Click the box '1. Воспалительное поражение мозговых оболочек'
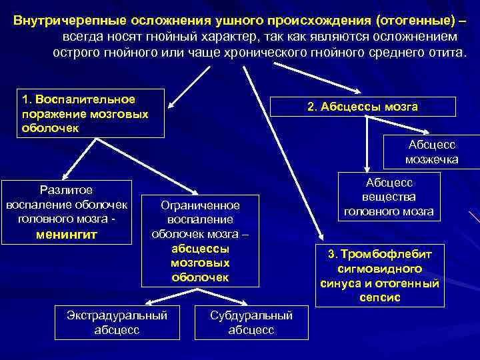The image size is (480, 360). point(89,113)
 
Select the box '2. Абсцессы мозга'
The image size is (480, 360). point(362,107)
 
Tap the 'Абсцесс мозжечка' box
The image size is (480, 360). point(431,152)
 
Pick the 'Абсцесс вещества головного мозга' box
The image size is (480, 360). point(389,197)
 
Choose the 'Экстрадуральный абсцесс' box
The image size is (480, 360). point(117,322)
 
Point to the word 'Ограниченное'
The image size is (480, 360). point(201,205)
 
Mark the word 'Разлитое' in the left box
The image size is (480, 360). point(66,189)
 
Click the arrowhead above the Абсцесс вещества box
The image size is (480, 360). point(366,171)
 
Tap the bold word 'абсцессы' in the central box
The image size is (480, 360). point(200,248)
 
